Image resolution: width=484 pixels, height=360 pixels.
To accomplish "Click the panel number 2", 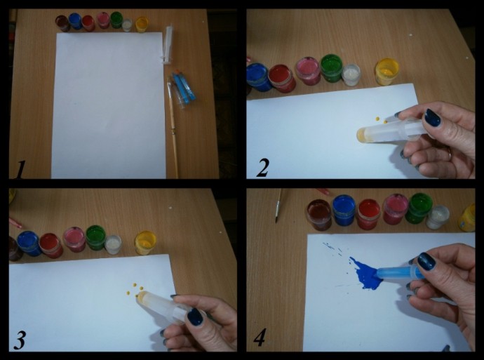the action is [262, 168].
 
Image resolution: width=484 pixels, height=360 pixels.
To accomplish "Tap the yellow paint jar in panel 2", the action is [386, 72].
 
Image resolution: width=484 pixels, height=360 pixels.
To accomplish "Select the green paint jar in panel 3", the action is [95, 237].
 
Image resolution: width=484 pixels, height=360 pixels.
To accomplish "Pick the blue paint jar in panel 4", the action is [344, 210].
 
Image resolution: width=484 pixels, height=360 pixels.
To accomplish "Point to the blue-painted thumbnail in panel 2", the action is [432, 118].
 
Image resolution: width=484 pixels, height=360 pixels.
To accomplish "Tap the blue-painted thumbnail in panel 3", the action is [195, 316].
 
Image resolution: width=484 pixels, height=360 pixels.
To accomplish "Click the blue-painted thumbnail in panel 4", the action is [426, 262].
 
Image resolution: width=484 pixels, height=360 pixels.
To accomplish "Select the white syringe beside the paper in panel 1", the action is [168, 45].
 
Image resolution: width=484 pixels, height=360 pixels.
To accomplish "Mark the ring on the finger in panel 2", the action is [450, 154].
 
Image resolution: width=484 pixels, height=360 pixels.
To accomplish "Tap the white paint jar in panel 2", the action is [351, 74].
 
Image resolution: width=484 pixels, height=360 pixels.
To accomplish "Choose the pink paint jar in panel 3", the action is [74, 239].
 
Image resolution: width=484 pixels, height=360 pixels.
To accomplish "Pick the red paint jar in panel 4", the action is [369, 213].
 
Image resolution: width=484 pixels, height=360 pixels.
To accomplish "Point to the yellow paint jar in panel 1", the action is [142, 25].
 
